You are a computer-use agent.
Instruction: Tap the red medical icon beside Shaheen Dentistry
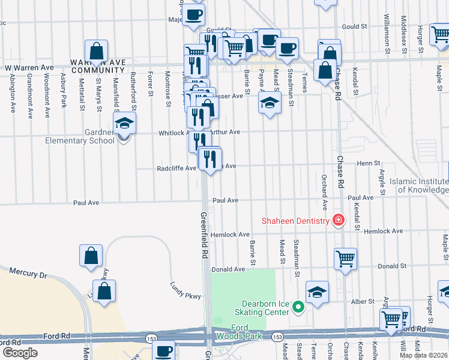339,220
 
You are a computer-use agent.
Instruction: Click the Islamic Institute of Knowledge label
418,185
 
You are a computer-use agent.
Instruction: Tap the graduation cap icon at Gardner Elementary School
125,123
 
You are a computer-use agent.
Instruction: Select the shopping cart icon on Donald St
345,259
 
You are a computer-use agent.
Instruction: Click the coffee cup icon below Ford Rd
163,350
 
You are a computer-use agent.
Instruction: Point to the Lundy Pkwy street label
183,291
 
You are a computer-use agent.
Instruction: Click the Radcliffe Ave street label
177,169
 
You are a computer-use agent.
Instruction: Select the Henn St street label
369,163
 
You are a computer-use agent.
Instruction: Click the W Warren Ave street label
30,67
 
